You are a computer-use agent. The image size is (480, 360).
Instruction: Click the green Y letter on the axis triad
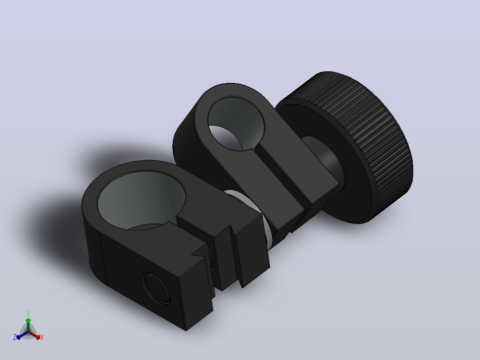tap(28, 313)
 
